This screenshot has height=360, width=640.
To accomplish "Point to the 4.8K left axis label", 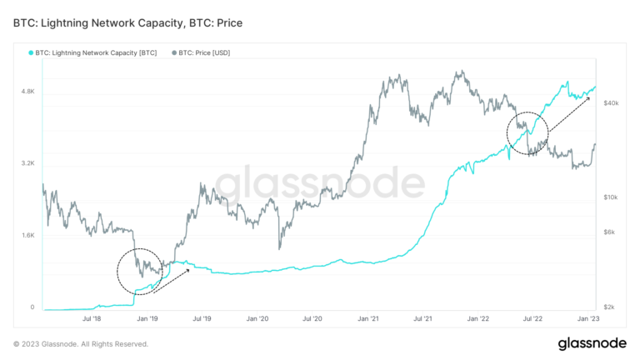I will [x=27, y=91].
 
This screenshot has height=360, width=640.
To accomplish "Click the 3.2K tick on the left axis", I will [x=27, y=163].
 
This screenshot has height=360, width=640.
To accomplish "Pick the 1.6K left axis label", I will [x=27, y=235].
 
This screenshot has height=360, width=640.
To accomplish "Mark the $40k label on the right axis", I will [x=611, y=102].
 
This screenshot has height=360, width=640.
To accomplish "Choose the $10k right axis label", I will [x=611, y=197].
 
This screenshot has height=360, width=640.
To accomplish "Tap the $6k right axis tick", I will [x=611, y=232].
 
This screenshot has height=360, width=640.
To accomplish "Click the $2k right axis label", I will [x=611, y=307].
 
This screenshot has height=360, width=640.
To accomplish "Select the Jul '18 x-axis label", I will [x=92, y=318].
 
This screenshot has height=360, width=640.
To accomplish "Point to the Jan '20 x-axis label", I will [x=257, y=318].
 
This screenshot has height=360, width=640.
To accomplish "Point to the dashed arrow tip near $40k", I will [x=588, y=97].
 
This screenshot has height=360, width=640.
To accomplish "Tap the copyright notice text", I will [x=81, y=343].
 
